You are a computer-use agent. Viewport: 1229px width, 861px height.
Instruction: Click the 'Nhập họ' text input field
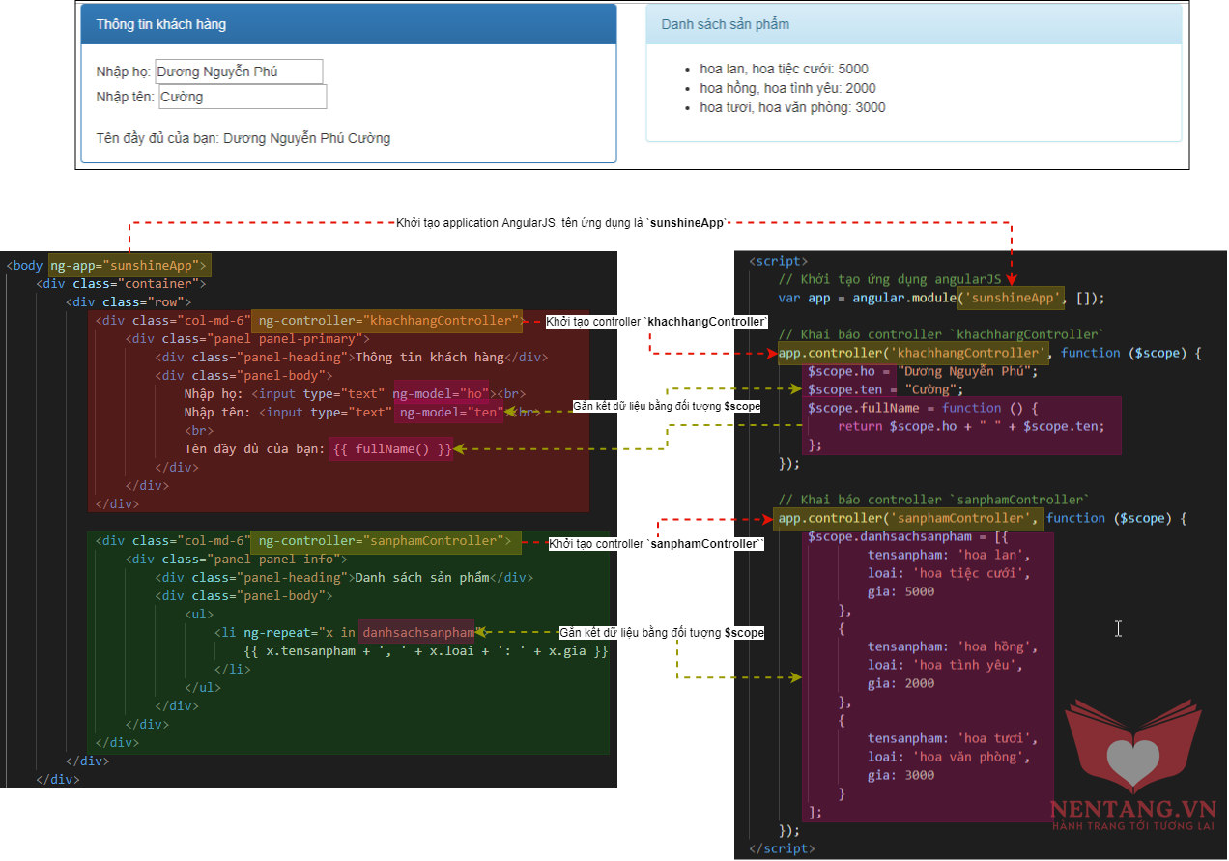[x=239, y=72]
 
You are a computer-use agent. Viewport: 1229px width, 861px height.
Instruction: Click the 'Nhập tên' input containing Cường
[x=243, y=97]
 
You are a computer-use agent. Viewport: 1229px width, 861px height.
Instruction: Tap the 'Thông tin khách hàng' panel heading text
[x=160, y=24]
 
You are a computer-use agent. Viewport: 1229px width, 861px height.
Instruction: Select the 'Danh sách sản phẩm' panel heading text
[x=725, y=24]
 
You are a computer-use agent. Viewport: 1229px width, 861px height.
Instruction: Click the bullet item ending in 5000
[x=784, y=69]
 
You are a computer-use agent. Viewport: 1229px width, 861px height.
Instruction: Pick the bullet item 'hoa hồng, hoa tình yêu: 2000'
[x=787, y=88]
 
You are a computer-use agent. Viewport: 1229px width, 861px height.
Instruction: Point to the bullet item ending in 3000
[x=792, y=107]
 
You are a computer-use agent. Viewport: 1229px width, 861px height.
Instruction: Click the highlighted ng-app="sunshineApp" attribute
[x=129, y=266]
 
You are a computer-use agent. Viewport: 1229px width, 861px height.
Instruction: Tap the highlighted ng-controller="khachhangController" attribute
[x=387, y=321]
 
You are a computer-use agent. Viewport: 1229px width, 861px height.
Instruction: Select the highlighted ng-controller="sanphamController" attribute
[x=386, y=541]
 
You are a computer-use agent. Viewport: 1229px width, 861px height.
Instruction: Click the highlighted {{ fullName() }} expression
[x=391, y=449]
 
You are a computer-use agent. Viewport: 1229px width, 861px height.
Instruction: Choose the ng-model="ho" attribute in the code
[x=441, y=393]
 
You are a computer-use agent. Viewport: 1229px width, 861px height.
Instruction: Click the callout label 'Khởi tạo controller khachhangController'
[x=656, y=322]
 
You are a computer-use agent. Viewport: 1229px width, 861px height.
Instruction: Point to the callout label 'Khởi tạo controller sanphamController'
[x=656, y=544]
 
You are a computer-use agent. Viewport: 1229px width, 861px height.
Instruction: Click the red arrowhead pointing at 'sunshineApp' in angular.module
[x=1012, y=279]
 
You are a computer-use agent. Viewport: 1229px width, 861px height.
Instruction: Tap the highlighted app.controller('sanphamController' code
[x=906, y=519]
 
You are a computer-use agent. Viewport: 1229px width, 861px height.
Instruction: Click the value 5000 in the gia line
[x=919, y=591]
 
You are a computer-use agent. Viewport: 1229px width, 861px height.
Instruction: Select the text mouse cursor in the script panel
[x=1118, y=629]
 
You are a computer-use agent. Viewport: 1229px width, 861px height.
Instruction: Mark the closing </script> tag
[x=782, y=848]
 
